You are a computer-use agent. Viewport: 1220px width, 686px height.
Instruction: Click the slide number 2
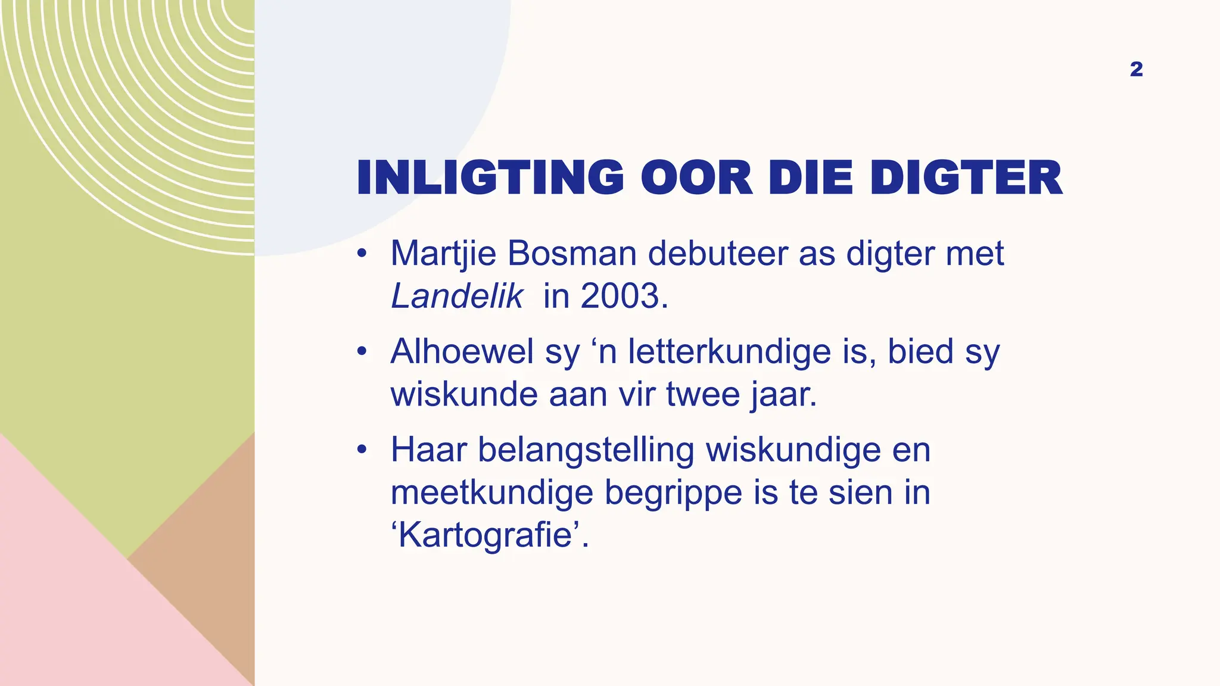1136,70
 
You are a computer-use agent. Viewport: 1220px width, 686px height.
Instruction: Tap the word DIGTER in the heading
966,177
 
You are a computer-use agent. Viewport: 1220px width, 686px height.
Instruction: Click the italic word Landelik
457,296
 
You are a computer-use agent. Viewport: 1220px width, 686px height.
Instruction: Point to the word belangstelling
586,451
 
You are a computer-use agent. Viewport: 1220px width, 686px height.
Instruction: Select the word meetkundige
491,493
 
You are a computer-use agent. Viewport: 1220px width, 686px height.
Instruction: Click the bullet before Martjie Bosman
361,254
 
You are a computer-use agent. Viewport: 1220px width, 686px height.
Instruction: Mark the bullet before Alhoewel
361,352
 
